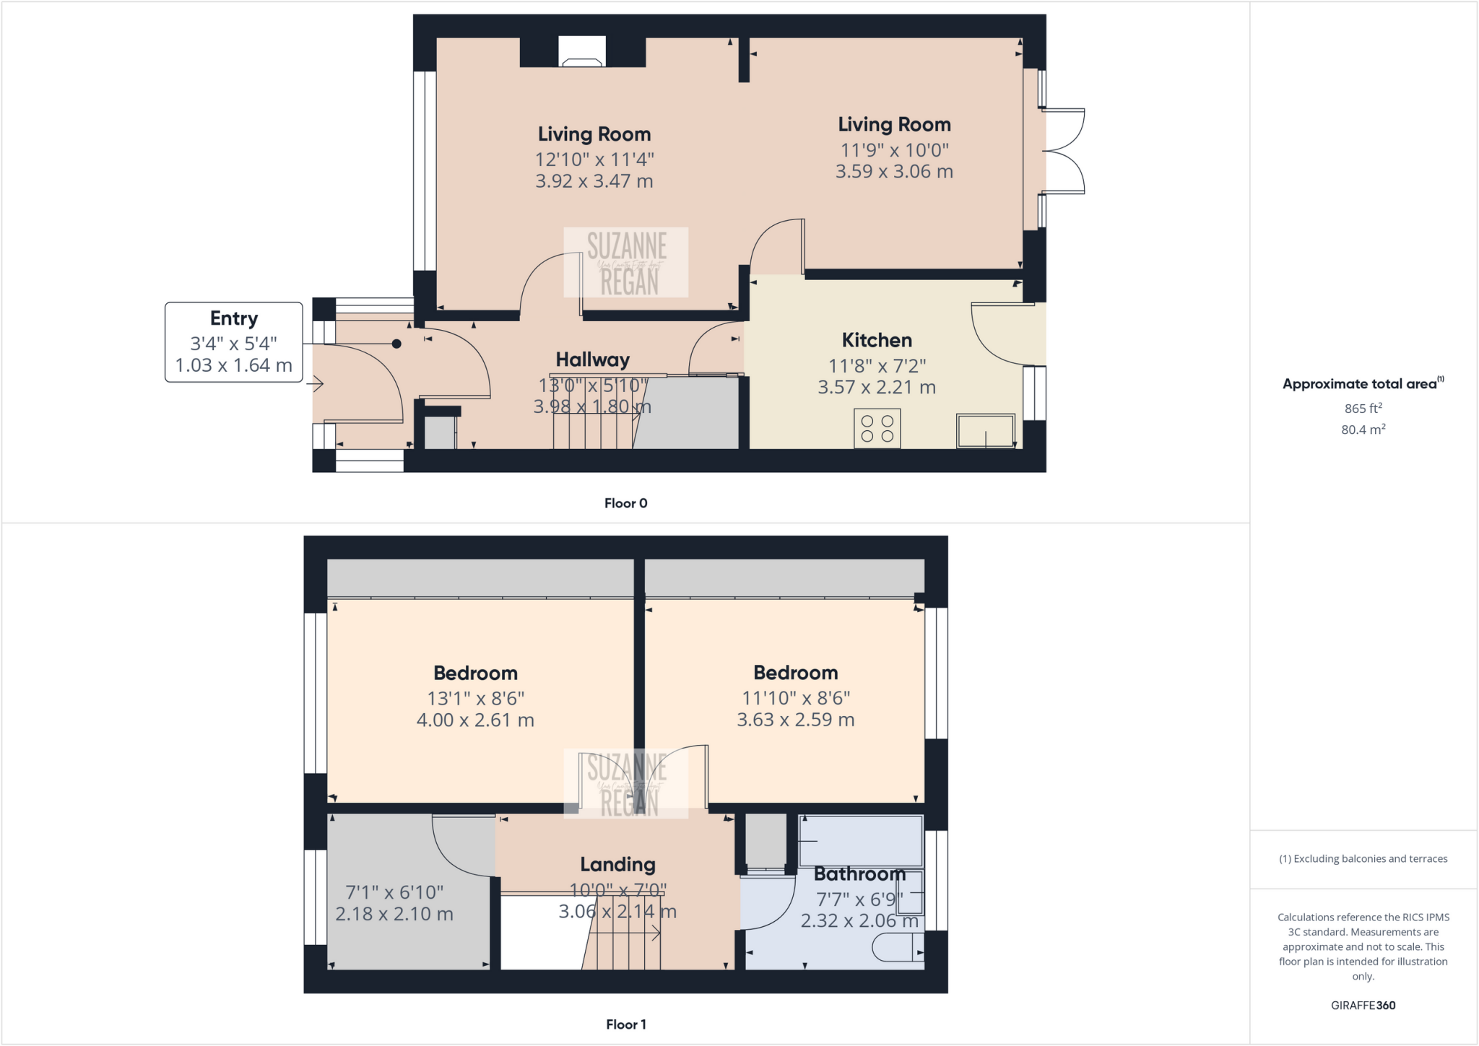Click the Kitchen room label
pyautogui.click(x=877, y=340)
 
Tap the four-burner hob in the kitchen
pyautogui.click(x=877, y=428)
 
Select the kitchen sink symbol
pyautogui.click(x=985, y=430)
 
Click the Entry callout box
pyautogui.click(x=233, y=341)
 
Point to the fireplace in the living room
pyautogui.click(x=582, y=53)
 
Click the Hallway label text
pyautogui.click(x=592, y=359)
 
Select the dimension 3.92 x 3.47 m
pyautogui.click(x=594, y=181)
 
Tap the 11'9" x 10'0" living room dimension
pyautogui.click(x=894, y=150)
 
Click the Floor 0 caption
pyautogui.click(x=625, y=503)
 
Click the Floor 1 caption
pyautogui.click(x=625, y=1024)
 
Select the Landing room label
pyautogui.click(x=617, y=864)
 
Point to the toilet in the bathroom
pyautogui.click(x=898, y=947)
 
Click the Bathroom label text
pyautogui.click(x=859, y=874)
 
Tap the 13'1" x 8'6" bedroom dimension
pyautogui.click(x=475, y=698)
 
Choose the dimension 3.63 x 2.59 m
pyautogui.click(x=795, y=720)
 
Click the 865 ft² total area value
pyautogui.click(x=1363, y=408)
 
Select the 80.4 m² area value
pyautogui.click(x=1363, y=430)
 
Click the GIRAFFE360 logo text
pyautogui.click(x=1363, y=1005)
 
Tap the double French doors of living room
pyautogui.click(x=1062, y=151)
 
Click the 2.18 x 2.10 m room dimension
pyautogui.click(x=394, y=914)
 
